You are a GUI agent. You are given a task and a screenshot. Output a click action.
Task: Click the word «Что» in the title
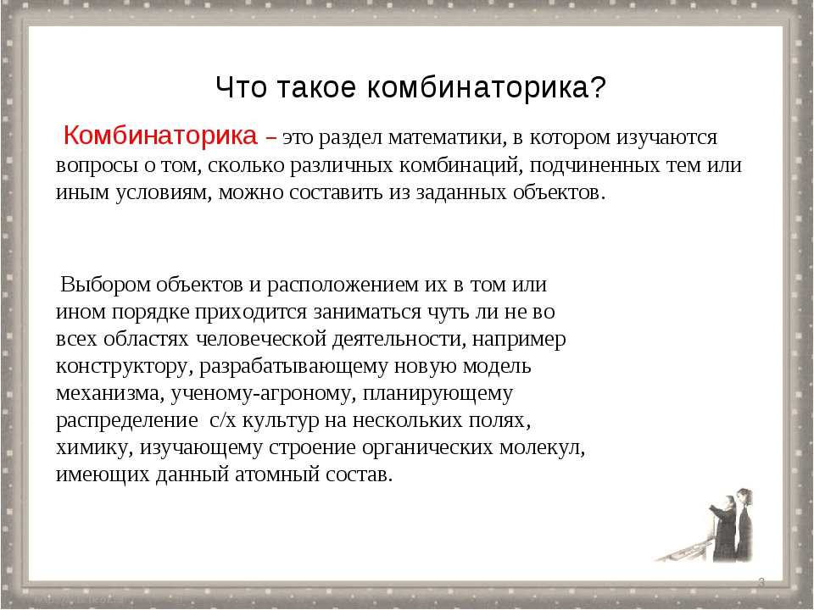242,87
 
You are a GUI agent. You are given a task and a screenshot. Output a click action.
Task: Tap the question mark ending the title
598,87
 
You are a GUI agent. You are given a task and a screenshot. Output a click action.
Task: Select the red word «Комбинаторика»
160,136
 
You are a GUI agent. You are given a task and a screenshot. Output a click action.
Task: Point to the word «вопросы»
97,166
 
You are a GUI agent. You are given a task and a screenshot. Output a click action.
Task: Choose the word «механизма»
110,393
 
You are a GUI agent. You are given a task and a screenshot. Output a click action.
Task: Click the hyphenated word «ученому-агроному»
263,394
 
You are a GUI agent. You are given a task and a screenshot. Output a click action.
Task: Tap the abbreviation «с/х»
223,420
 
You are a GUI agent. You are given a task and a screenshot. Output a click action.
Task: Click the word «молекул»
542,447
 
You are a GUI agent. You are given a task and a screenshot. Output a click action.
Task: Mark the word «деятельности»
399,339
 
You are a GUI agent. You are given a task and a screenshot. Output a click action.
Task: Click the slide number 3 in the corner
761,582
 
